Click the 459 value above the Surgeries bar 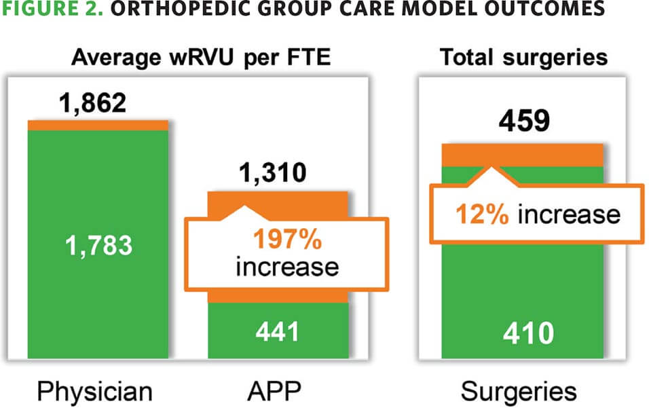pos(523,124)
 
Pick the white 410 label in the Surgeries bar pos(523,333)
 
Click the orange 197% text pos(286,240)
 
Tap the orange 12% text pos(483,214)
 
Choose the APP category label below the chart pos(275,392)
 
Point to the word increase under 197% pos(286,266)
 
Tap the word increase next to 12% pos(569,214)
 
